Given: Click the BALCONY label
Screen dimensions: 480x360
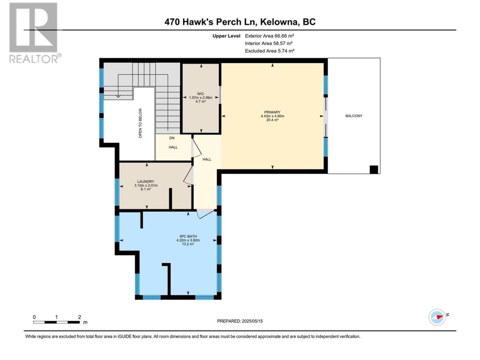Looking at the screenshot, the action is coord(354,116).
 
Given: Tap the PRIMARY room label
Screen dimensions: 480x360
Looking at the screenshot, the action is coord(272,112).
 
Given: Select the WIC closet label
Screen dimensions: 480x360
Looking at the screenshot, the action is coord(201,94).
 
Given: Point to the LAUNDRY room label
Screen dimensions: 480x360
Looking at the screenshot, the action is coord(145,181).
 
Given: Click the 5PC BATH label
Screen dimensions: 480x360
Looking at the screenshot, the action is coord(188,236).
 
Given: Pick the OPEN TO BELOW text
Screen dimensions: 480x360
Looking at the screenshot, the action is coord(140,123).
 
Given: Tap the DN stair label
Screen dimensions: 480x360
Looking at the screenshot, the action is coord(172,138).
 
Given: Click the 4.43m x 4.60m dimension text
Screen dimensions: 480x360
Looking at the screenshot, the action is coord(272,116).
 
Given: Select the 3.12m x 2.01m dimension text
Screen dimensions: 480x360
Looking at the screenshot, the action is coord(146,185).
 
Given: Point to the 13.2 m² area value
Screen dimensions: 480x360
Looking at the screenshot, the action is coord(188,244).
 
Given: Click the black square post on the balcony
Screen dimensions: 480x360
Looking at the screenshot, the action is coord(374,169).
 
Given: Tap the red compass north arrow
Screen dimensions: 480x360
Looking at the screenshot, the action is coord(439,317).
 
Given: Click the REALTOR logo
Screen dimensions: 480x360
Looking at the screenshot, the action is coord(34,33).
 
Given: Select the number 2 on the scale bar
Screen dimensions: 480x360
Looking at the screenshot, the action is coord(79,317).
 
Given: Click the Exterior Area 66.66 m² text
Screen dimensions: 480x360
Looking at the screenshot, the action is coord(269,36).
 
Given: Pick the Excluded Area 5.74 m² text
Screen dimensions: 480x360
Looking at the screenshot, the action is coord(269,51).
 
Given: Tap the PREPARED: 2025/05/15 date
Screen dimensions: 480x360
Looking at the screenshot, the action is coord(240,321).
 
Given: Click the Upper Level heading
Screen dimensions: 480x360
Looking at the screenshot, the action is coord(226,36).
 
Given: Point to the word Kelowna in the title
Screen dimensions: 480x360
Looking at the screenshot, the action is coord(279,22).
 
